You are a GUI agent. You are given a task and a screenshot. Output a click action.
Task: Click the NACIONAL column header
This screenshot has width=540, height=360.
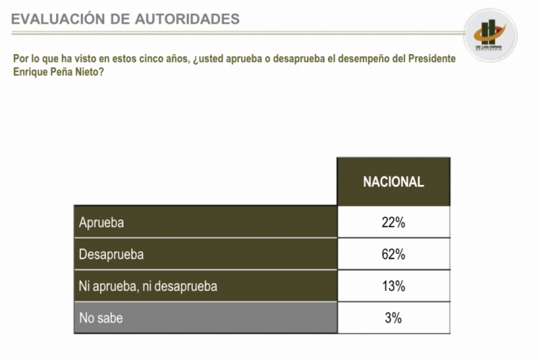coord(393,182)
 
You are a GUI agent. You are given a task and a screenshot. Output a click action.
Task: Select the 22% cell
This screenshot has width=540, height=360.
coord(393,222)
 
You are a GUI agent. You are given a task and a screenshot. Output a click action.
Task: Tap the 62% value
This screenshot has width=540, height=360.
coord(393,254)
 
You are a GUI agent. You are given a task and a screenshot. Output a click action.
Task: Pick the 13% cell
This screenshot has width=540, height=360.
coord(393,286)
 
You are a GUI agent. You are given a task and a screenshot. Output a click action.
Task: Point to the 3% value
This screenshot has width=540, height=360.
coord(393,317)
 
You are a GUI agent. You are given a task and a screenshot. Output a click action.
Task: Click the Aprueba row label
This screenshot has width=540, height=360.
coord(102,222)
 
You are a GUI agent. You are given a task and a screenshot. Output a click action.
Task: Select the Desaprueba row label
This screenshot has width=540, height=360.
coord(111,254)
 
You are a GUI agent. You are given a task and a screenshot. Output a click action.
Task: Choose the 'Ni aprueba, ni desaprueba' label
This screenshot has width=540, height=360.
coord(148,286)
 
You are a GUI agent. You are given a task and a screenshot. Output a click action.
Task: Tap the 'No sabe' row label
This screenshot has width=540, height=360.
coord(101,317)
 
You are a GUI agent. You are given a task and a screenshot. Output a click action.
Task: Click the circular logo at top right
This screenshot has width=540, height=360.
coord(490,34)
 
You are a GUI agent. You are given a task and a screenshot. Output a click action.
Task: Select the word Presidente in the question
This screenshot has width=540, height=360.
coord(430,59)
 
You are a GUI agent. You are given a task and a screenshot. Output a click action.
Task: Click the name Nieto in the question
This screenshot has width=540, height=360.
coord(88,71)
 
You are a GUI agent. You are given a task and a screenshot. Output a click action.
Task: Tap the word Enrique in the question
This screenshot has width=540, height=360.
coord(29,71)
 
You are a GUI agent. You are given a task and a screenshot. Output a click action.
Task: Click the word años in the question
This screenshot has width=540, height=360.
coord(173,59)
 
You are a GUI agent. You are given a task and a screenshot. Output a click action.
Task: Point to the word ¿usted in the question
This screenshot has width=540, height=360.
coord(207,59)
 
